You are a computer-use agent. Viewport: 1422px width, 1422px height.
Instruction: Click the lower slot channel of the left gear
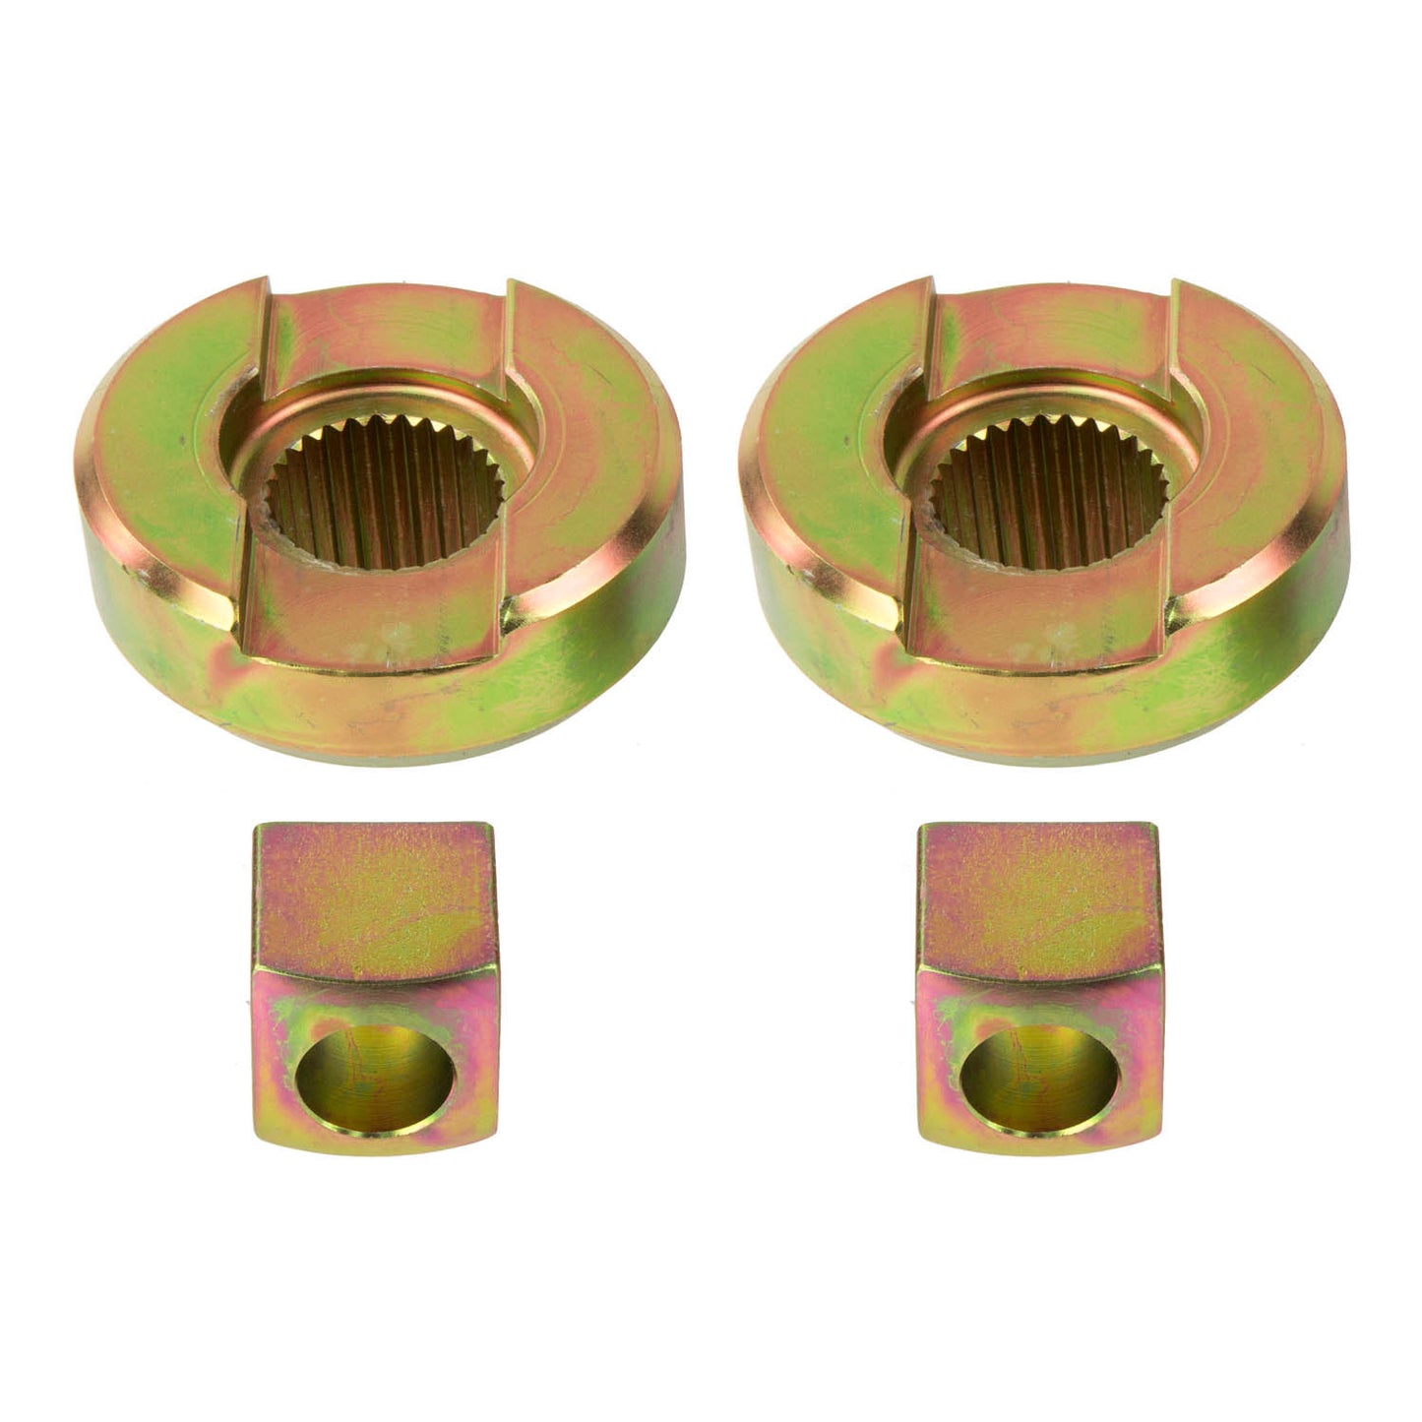tap(364, 620)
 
